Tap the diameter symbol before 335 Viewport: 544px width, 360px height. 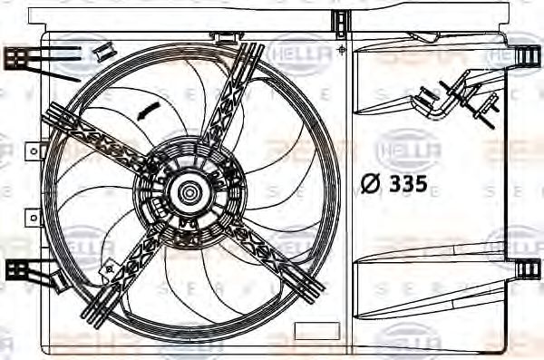pyautogui.click(x=371, y=186)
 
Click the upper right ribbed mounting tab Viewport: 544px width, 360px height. pyautogui.click(x=524, y=56)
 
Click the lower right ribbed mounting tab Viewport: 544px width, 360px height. pyautogui.click(x=524, y=269)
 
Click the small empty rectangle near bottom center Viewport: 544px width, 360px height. pyautogui.click(x=316, y=331)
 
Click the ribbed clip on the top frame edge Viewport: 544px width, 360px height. pyautogui.click(x=340, y=19)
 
